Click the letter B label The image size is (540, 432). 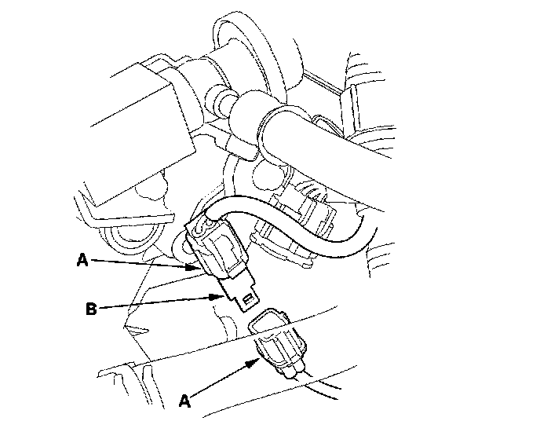point(91,309)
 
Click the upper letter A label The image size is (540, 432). point(82,260)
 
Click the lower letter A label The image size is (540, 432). point(184,401)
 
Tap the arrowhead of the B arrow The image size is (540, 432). point(217,296)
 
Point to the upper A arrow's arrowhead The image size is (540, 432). point(192,267)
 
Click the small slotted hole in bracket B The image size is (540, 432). point(246,299)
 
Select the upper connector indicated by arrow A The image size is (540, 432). point(217,247)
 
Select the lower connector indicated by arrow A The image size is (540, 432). point(278,342)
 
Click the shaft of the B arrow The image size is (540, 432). point(155,302)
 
